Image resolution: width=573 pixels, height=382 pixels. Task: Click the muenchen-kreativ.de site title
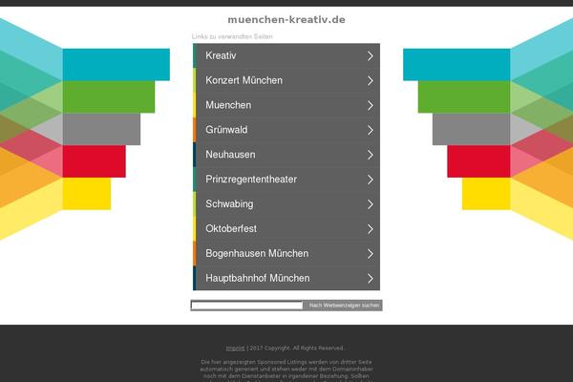click(286, 19)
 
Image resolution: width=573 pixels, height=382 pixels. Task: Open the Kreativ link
click(221, 55)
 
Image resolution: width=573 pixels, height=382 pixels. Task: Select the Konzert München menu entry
click(244, 80)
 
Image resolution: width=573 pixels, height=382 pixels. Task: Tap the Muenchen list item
click(228, 105)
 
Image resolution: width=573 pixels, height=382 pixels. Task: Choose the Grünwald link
click(227, 130)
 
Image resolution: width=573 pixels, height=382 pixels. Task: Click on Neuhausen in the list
click(230, 155)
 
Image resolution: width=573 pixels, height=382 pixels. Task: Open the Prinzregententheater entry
click(251, 180)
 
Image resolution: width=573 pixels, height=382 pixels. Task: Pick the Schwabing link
click(229, 204)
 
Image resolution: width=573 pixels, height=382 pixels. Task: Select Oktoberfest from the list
click(231, 229)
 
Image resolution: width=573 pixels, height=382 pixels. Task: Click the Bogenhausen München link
click(256, 254)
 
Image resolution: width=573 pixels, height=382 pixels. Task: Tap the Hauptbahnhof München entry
click(257, 279)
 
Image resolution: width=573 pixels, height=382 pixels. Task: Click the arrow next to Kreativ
click(370, 55)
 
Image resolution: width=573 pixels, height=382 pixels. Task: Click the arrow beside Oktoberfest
click(370, 229)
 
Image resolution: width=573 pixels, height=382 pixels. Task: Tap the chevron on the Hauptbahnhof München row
click(370, 279)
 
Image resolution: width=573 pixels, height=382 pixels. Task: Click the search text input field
click(246, 306)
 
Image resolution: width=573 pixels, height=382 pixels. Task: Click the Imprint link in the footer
click(235, 348)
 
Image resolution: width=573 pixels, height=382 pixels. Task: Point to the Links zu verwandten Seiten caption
click(232, 36)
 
